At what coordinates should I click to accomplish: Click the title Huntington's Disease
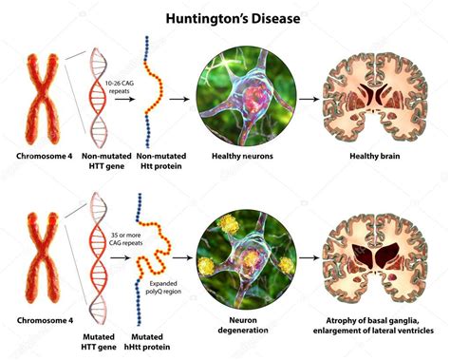point(224,17)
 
